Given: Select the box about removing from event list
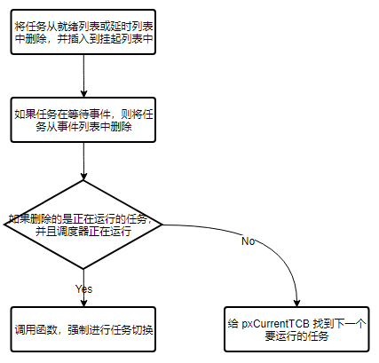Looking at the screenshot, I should click(x=83, y=120).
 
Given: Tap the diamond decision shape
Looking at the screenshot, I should click(x=83, y=224).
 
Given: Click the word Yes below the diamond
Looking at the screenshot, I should click(x=83, y=288).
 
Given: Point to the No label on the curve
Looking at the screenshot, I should click(x=249, y=241).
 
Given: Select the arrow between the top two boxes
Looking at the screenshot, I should click(x=83, y=77).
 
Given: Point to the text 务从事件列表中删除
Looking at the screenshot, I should click(x=83, y=127).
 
